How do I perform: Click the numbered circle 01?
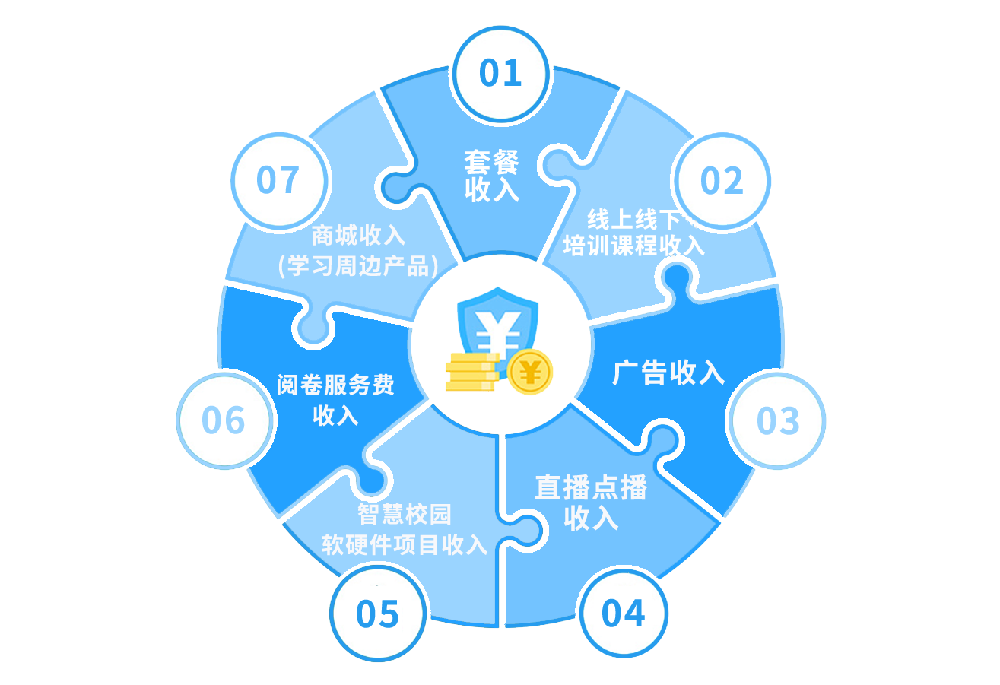coord(500,73)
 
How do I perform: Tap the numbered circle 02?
coord(721,181)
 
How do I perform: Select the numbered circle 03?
coord(777,420)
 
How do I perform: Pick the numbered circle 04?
coord(623,613)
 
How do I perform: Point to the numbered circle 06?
coord(224,420)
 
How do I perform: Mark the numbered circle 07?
coord(278,181)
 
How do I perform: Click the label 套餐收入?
coord(492,176)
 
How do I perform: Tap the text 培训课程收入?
coord(634,246)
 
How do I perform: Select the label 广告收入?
coord(668,373)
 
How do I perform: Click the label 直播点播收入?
coord(591,503)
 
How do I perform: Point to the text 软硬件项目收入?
coord(405,545)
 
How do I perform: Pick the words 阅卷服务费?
coord(335,385)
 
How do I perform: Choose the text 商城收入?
coord(358,235)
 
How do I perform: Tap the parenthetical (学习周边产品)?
coord(358,265)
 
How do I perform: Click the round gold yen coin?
coord(531,372)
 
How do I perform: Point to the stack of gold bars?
coord(472,372)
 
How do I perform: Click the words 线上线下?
coord(633,220)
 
